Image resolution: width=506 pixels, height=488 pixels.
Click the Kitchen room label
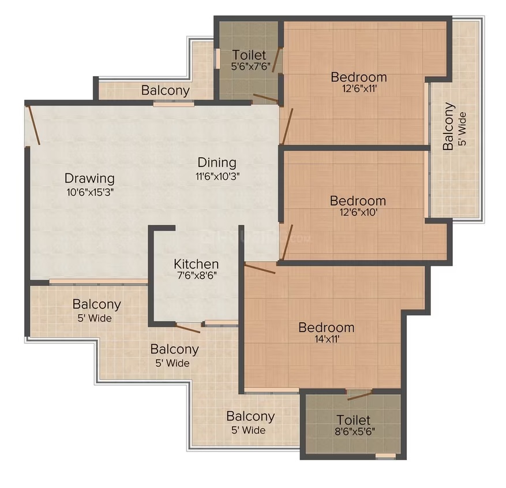[196, 264]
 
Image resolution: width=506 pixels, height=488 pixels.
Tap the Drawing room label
[89, 178]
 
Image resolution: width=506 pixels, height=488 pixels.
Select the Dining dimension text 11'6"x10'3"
[217, 177]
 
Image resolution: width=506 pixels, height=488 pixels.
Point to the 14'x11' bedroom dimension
[326, 339]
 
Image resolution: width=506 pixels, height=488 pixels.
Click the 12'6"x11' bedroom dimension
[359, 88]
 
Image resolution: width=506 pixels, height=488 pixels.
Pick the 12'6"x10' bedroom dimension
[358, 212]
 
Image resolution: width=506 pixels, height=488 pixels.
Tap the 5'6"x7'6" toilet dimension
[251, 66]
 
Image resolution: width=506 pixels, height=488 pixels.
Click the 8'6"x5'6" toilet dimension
[355, 431]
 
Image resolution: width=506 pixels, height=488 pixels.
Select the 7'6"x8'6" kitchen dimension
[196, 275]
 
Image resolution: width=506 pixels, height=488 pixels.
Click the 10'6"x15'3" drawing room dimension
[90, 192]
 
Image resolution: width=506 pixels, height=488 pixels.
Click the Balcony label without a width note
[165, 91]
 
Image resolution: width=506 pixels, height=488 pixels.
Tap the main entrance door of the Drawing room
[34, 125]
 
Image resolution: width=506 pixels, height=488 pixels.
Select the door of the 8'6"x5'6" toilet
[360, 394]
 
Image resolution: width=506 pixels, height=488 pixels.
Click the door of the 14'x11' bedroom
[260, 269]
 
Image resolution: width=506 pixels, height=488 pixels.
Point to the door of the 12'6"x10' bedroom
[287, 242]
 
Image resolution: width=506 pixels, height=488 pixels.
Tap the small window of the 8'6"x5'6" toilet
[385, 456]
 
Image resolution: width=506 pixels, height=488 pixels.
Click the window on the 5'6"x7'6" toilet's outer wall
[218, 58]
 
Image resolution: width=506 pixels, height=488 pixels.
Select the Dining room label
[217, 162]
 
